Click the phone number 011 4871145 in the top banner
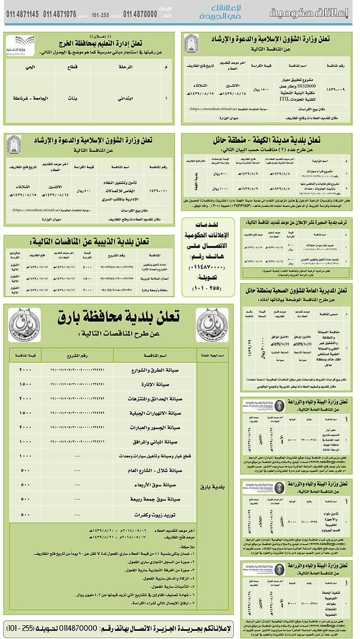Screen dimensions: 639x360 (23, 14)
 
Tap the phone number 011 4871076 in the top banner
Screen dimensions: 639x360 (59, 14)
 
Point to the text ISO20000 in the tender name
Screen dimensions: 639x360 (306, 87)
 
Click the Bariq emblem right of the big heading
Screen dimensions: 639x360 (211, 326)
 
